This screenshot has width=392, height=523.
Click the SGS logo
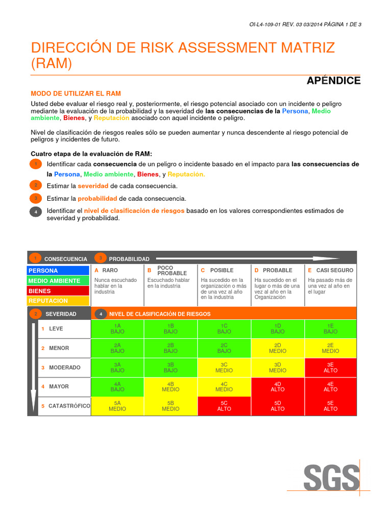point(331,478)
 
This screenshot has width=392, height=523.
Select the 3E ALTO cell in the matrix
point(330,367)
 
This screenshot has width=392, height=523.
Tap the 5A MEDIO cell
point(117,406)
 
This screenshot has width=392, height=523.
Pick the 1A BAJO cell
point(117,328)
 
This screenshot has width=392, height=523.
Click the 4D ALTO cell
point(278,387)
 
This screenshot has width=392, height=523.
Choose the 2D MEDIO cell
point(278,348)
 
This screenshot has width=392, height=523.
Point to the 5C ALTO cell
point(224,406)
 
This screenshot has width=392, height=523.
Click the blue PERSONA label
point(59,270)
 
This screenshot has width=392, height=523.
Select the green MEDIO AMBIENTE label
point(59,280)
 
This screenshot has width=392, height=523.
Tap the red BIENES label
point(59,291)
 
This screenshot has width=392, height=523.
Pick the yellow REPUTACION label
point(59,301)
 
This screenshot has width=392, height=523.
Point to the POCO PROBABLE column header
point(171,271)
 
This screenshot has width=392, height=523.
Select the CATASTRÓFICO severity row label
point(68,406)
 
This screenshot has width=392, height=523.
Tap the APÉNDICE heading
point(333,81)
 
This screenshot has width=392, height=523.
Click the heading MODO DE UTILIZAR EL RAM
point(76,93)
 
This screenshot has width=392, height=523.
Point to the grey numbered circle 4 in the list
point(36,212)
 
